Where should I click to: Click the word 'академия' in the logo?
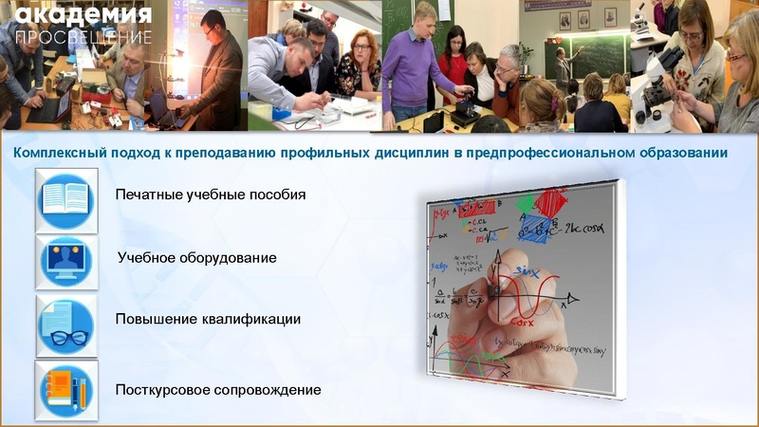pyautogui.click(x=83, y=15)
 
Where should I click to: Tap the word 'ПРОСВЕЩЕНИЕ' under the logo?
pyautogui.click(x=83, y=37)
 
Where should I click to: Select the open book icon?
pyautogui.click(x=66, y=200)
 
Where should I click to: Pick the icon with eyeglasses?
pyautogui.click(x=66, y=325)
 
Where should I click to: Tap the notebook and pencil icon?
pyautogui.click(x=66, y=390)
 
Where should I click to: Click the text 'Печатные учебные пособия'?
pyautogui.click(x=211, y=195)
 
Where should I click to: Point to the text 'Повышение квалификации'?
pyautogui.click(x=208, y=320)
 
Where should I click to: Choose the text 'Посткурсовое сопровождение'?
pyautogui.click(x=218, y=390)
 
